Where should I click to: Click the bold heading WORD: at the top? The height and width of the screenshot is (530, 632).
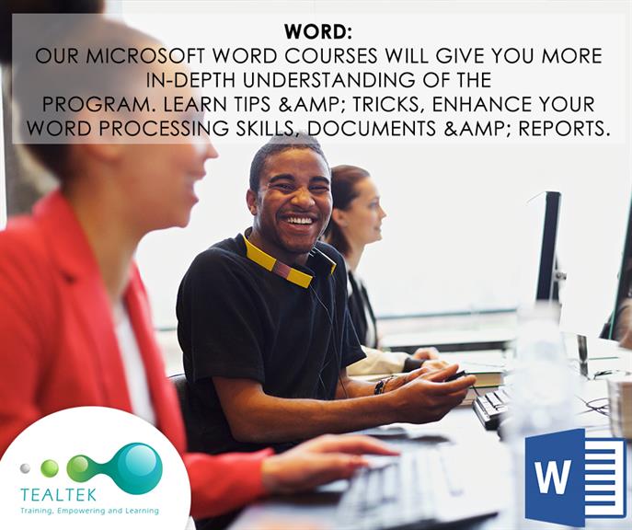pos(317,32)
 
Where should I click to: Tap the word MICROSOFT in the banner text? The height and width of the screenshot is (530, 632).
pos(146,56)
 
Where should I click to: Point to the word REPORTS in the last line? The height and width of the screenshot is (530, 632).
pos(562,128)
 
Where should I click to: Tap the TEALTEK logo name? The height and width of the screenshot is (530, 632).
pos(59,495)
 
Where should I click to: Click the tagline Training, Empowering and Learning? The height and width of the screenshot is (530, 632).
pos(89,511)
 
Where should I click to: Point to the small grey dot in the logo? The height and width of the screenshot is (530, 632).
pos(25,468)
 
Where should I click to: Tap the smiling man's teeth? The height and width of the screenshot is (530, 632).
pos(299,221)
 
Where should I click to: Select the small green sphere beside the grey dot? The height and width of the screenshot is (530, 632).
pos(50,468)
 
